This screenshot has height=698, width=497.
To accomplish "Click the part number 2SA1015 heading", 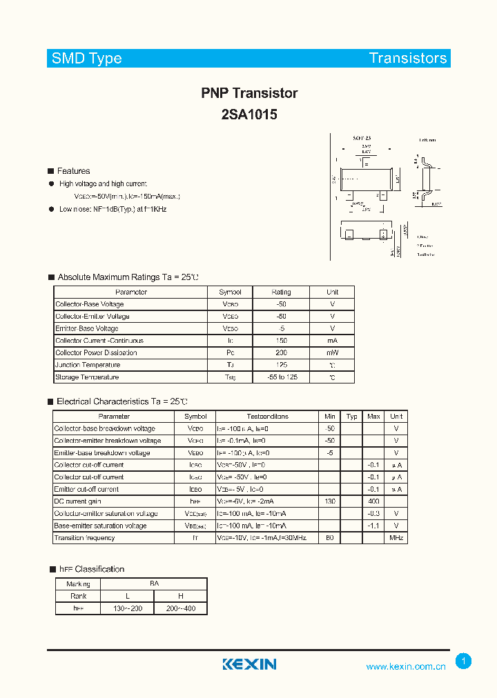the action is tap(249, 115).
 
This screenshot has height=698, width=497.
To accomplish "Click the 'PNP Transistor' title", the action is tap(249, 93).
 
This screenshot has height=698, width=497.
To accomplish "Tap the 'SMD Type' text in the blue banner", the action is tap(87, 59).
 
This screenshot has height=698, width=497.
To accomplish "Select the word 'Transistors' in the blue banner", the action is tap(408, 59).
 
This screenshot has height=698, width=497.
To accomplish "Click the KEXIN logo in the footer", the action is tap(249, 664).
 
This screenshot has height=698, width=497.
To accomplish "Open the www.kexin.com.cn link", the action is tap(406, 666).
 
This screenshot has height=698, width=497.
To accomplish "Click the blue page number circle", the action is tap(464, 661).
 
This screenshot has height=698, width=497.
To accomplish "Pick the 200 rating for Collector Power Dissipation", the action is tap(281, 353).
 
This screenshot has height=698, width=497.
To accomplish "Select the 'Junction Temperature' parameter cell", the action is tap(88, 365).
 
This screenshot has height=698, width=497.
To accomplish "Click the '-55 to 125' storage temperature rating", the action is tap(281, 377).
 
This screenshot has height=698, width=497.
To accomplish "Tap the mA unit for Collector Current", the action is tap(332, 341).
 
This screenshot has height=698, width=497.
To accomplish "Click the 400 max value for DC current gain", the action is tap(373, 501).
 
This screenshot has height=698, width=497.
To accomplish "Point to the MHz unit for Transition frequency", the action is tap(396, 538).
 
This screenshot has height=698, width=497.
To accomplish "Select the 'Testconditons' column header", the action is tap(267, 417).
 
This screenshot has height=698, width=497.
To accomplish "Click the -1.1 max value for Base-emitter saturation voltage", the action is tap(373, 526).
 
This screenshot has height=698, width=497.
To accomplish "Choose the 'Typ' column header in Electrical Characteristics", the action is tap(352, 417).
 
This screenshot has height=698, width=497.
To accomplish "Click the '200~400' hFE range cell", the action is tap(180, 609).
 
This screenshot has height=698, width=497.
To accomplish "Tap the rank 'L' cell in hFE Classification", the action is tap(127, 597).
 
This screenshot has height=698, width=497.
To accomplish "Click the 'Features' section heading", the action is tap(73, 171).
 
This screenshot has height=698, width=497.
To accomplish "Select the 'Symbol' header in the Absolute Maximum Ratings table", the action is tap(230, 292).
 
